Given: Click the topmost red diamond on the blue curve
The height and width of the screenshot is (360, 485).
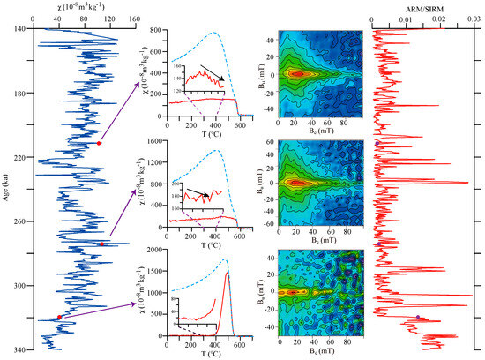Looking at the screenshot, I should pos(99,143).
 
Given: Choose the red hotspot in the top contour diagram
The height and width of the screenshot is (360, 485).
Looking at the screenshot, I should pos(297,74).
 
